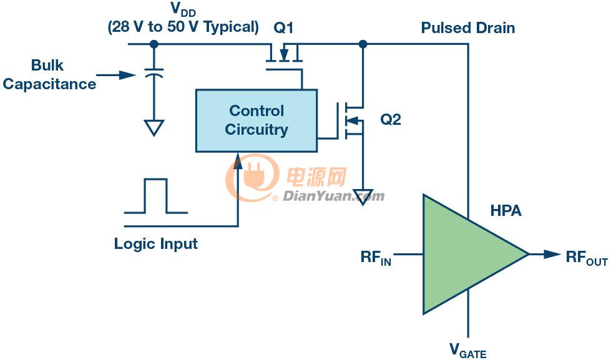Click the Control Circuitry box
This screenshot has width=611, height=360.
(257, 121)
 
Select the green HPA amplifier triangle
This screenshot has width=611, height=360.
(467, 254)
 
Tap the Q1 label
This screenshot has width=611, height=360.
(283, 28)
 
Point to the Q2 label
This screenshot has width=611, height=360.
(391, 119)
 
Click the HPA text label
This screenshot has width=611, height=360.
(506, 211)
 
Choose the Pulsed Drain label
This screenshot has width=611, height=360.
(468, 28)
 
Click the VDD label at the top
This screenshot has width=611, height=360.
(183, 9)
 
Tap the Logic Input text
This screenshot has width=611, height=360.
(156, 245)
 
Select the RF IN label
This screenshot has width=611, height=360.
(376, 258)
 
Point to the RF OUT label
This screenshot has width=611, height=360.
(587, 258)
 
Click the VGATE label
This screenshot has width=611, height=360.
(467, 350)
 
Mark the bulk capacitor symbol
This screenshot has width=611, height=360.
(154, 73)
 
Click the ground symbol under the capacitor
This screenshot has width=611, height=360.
(154, 128)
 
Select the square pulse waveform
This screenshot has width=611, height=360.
(156, 196)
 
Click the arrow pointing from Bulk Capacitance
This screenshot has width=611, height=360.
(116, 75)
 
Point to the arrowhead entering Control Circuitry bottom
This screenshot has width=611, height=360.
(238, 161)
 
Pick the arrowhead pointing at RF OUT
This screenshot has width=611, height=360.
(552, 255)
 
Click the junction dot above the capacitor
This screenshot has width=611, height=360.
(154, 44)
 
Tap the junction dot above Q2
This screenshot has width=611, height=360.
(363, 44)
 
